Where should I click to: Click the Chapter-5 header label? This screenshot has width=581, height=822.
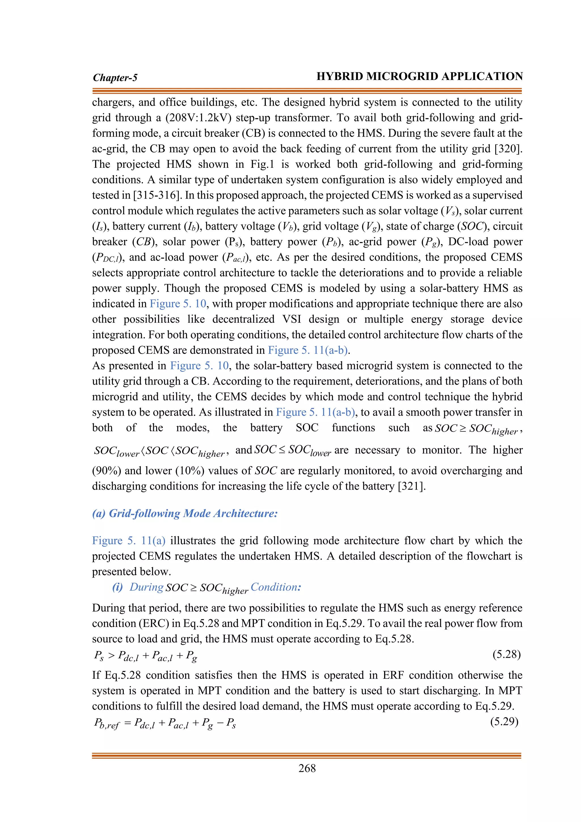pyautogui.click(x=115, y=78)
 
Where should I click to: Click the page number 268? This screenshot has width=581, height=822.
pyautogui.click(x=307, y=768)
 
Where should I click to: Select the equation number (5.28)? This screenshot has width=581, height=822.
pyautogui.click(x=506, y=655)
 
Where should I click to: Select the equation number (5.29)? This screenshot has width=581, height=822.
pyautogui.click(x=504, y=722)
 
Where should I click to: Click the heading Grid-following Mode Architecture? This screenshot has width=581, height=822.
pyautogui.click(x=193, y=513)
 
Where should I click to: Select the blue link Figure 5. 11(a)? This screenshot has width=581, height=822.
pyautogui.click(x=129, y=541)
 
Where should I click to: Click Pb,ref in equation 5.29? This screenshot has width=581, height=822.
pyautogui.click(x=106, y=723)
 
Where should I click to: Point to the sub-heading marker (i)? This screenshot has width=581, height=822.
pyautogui.click(x=117, y=587)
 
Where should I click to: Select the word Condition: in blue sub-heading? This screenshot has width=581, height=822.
pyautogui.click(x=276, y=587)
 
